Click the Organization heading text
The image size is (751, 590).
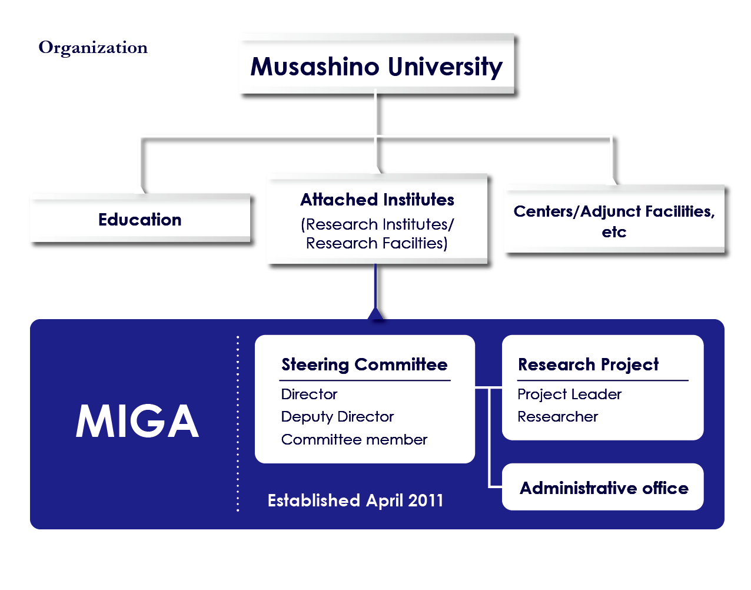point(93,48)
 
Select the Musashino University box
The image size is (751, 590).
point(377,64)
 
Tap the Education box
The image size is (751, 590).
point(140,218)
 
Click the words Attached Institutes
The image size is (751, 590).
point(377,200)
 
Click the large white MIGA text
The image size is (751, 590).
point(137,421)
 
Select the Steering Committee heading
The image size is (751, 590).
point(364,364)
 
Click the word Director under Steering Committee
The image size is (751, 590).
point(309,395)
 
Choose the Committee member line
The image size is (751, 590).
point(354,440)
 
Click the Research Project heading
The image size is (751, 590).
point(588,364)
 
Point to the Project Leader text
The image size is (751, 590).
point(570,395)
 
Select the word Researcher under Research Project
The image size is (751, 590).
point(558,417)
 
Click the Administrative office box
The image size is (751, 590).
point(603,487)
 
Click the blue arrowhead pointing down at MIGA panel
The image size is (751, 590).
point(375,314)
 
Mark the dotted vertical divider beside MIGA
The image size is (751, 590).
point(238,423)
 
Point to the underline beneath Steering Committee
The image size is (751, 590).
point(365,380)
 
